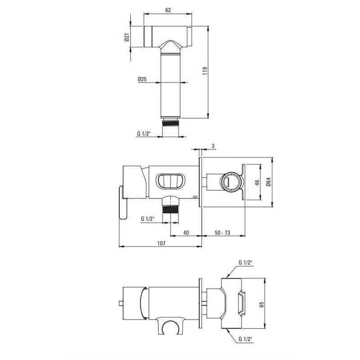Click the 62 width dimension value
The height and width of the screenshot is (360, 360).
click(x=168, y=10)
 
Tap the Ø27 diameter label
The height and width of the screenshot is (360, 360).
click(x=127, y=37)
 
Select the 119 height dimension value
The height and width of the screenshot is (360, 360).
click(x=205, y=71)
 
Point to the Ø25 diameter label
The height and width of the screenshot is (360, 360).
click(x=142, y=80)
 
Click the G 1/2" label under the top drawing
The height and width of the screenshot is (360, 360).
click(x=144, y=133)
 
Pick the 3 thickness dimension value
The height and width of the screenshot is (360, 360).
click(x=213, y=146)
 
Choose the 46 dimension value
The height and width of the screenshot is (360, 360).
click(x=257, y=183)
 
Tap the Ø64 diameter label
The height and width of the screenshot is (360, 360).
click(x=268, y=182)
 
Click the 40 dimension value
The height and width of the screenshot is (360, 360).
click(x=186, y=233)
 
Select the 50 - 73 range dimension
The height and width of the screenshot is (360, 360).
click(x=222, y=233)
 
